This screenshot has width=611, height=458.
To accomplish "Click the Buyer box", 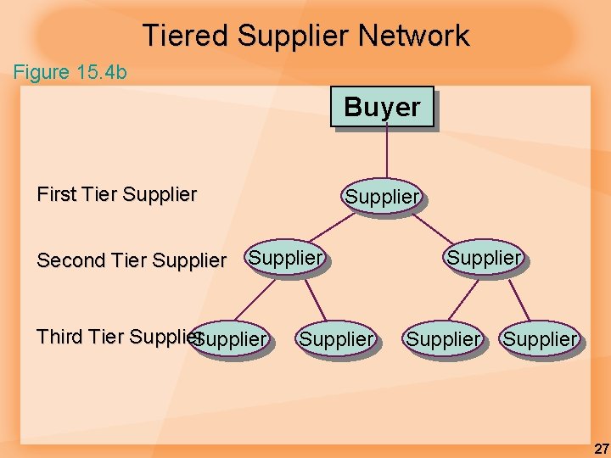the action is [x=382, y=108].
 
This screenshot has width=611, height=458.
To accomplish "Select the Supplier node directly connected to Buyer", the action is [x=382, y=197].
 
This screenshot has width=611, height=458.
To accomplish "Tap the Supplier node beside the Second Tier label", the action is [x=286, y=257].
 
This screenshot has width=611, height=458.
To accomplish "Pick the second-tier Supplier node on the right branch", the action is [x=484, y=257].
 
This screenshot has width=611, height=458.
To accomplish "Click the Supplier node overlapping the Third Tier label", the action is [x=231, y=339].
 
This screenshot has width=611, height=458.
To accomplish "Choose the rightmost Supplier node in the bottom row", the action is [x=540, y=339].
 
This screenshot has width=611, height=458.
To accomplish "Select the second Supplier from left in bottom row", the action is [x=336, y=339].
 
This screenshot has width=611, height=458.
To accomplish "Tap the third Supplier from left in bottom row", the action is [x=443, y=339].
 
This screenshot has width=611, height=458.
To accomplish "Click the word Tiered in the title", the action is [x=186, y=36].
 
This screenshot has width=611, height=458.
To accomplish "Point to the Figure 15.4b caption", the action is [x=70, y=72].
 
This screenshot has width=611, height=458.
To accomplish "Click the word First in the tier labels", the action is [x=56, y=194].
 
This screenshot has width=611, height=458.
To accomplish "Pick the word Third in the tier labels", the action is [x=59, y=337].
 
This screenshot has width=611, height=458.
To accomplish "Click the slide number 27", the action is [x=600, y=449].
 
